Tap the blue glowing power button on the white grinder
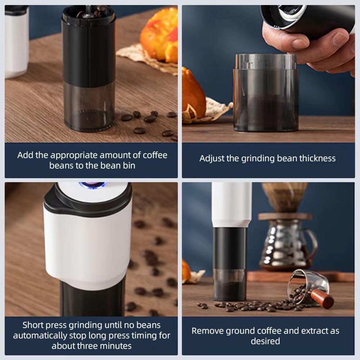(92, 185)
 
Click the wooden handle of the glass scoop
(322, 298)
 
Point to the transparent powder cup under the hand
(266, 94)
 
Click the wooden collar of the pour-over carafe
(285, 216)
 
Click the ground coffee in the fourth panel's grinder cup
(230, 291)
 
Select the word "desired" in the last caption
(265, 341)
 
